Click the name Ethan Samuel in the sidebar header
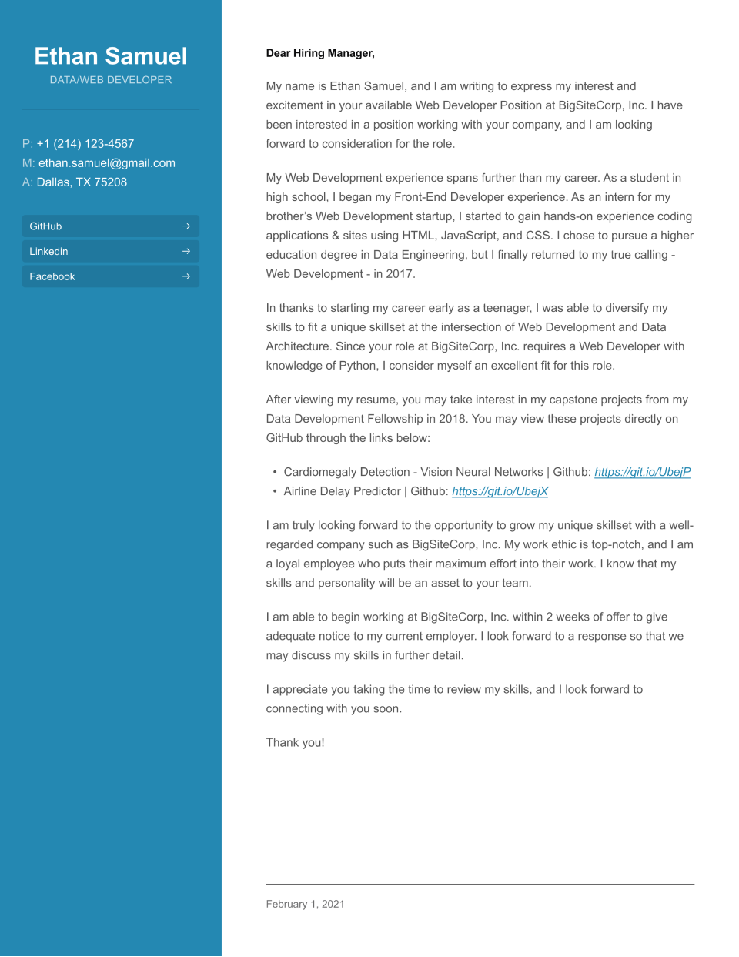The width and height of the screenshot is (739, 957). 111,56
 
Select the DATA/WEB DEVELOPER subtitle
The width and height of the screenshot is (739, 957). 111,80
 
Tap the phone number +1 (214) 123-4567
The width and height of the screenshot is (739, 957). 85,144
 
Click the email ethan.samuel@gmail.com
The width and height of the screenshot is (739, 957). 107,163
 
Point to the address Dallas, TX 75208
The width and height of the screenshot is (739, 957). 82,182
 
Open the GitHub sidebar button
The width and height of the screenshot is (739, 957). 110,226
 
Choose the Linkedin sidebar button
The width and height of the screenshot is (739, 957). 110,252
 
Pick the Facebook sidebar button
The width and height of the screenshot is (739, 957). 110,276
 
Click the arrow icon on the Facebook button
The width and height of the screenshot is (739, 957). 186,276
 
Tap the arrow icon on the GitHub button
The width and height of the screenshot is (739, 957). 186,226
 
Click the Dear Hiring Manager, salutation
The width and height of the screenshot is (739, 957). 320,53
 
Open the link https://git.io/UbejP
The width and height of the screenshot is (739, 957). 643,472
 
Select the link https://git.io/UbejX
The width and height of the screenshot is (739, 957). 500,491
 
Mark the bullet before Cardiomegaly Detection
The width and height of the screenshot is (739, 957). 275,472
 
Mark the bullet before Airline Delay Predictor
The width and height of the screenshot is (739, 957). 275,491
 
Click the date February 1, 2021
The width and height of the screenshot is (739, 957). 305,904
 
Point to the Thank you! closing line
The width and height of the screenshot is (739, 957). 295,742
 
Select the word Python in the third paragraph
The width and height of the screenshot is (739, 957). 358,366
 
